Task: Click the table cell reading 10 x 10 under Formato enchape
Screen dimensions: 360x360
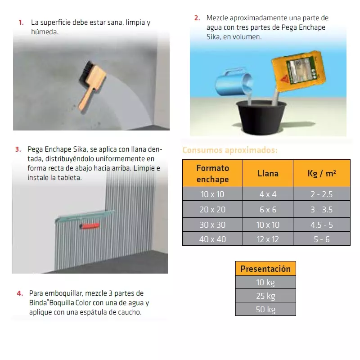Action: coord(212,194)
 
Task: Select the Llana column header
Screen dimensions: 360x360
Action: coord(268,173)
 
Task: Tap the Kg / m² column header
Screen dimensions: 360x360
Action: coord(322,173)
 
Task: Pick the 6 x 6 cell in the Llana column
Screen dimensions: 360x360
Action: coord(268,209)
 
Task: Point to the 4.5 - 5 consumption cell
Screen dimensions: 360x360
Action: coord(322,225)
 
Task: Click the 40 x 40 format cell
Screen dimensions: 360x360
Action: coord(212,239)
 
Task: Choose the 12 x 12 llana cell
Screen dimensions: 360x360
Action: coord(268,239)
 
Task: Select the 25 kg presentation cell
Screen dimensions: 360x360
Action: coord(265,296)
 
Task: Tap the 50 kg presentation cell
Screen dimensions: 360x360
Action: coord(265,309)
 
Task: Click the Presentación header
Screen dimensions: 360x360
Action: coord(265,268)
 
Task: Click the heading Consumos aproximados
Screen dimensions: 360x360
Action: coord(230,150)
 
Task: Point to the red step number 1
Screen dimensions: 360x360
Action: coord(21,22)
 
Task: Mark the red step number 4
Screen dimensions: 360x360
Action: coord(20,293)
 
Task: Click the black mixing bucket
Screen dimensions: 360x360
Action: coord(261,117)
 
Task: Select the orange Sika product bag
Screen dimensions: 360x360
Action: coord(299,71)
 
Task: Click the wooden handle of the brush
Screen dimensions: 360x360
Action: coord(85,100)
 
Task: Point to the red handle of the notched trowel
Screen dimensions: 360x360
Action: coord(90,226)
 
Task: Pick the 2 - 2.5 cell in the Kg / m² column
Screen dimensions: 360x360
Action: coord(322,194)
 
